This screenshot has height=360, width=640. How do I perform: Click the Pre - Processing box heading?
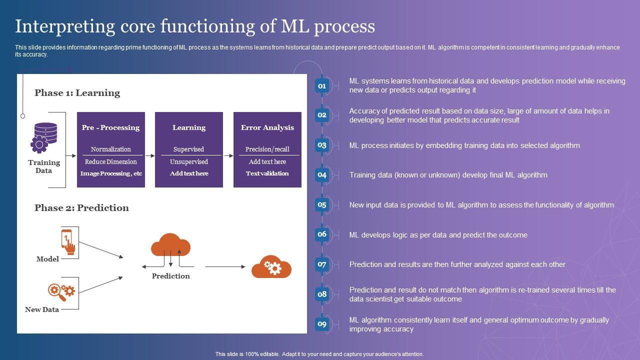[x=110, y=127]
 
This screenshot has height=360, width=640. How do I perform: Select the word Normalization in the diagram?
[x=110, y=149]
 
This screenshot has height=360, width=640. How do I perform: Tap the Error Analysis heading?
[x=267, y=127]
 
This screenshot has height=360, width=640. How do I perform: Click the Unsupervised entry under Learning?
[x=188, y=161]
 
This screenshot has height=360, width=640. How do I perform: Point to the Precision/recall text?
[x=267, y=149]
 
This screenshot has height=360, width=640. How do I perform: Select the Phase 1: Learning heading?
[x=77, y=93]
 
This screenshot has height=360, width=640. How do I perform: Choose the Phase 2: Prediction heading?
[x=81, y=208]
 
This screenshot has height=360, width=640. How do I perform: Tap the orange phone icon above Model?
[x=68, y=241]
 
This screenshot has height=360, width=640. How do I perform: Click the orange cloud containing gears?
[x=271, y=266]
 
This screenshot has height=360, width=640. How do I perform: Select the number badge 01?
[x=322, y=86]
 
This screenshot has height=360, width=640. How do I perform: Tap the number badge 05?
[x=322, y=205]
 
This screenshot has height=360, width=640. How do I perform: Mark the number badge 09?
[x=322, y=324]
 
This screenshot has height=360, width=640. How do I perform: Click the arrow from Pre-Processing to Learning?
[x=150, y=155]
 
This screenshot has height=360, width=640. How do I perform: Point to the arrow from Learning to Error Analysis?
[x=228, y=155]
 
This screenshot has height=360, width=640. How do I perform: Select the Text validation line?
[x=267, y=173]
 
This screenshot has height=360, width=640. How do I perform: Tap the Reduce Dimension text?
[x=110, y=161]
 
